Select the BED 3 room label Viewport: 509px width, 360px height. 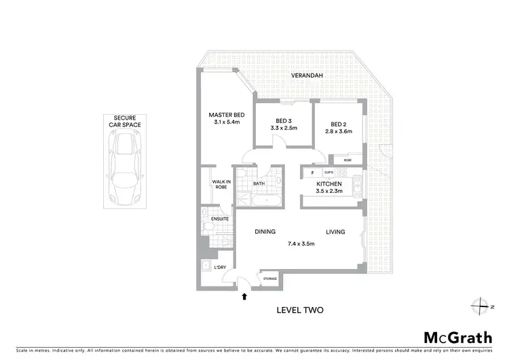coord(284,120)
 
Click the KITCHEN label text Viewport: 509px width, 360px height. coord(328,184)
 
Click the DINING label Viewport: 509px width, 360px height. coord(265,232)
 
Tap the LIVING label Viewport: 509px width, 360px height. coord(335,232)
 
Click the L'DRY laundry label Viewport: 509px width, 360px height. coord(220,267)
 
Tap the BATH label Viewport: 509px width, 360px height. coord(259,183)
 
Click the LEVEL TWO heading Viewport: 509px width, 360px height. coord(299,310)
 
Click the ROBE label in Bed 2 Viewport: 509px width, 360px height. coord(347,160)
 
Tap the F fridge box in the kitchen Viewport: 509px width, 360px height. coord(312,173)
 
